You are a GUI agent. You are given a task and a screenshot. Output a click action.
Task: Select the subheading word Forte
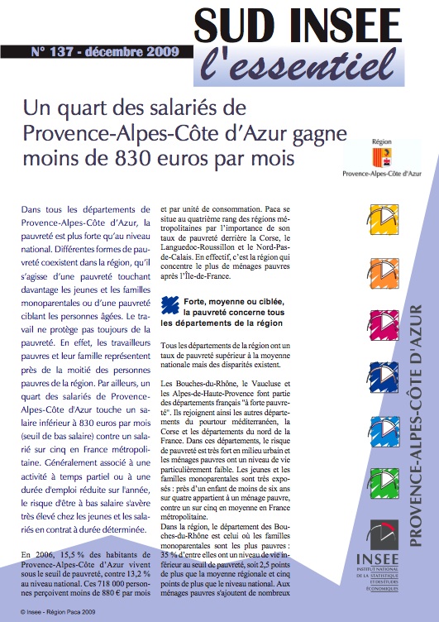click(x=199, y=303)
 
